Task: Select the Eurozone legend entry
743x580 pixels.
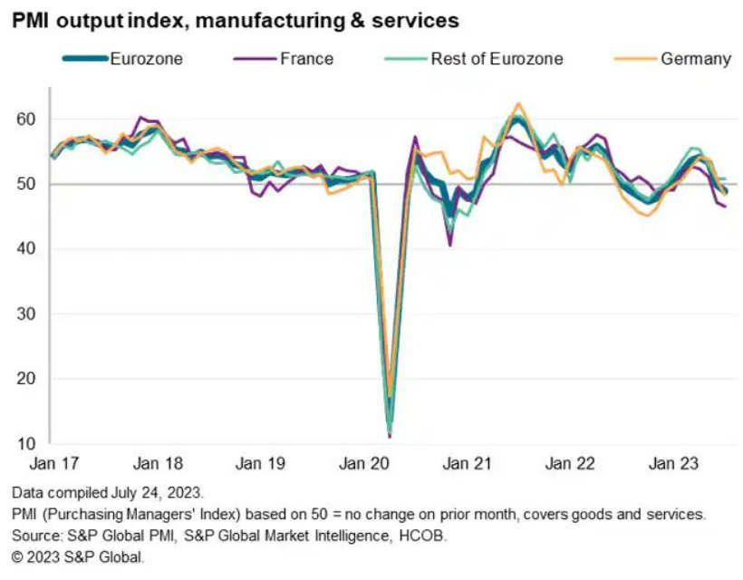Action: click(x=145, y=59)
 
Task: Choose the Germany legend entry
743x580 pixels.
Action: click(x=695, y=59)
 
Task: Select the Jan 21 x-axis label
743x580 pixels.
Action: click(x=467, y=464)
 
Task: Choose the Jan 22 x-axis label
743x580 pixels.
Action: click(x=570, y=464)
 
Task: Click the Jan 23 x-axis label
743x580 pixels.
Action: click(x=673, y=464)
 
